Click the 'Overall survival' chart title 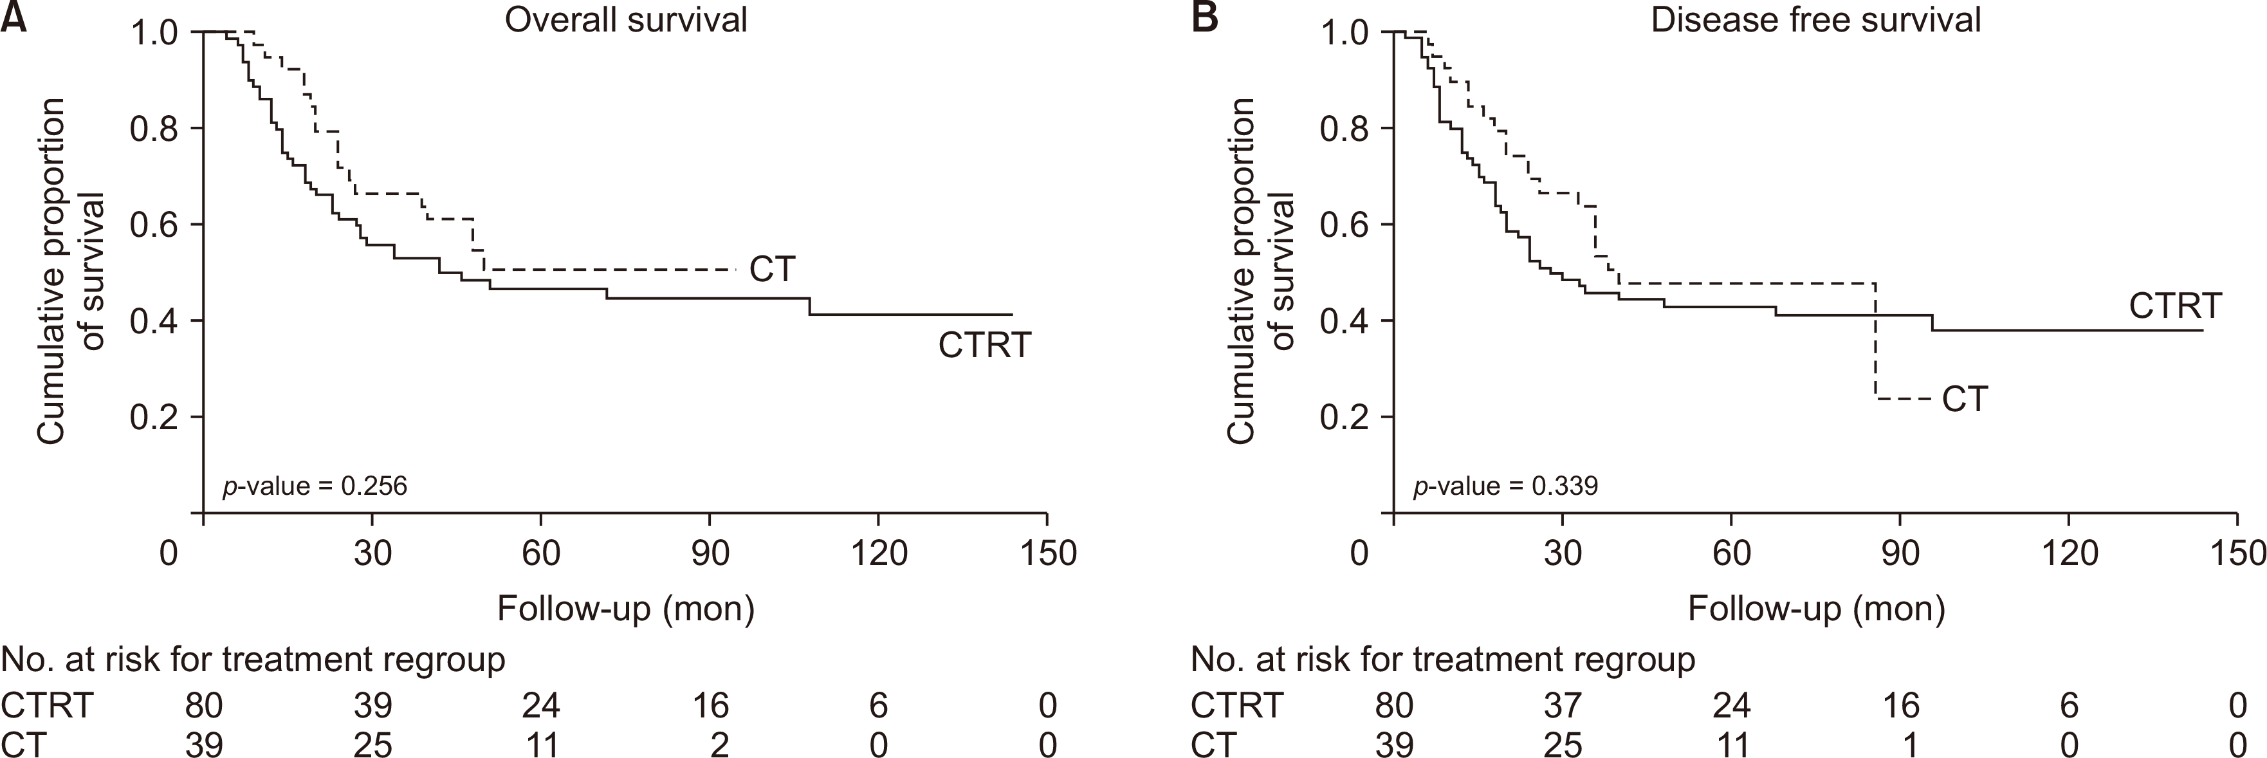[626, 19]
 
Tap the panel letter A [12, 17]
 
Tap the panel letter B [1204, 17]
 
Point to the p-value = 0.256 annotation [314, 485]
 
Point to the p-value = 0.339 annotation [1505, 485]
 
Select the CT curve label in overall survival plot [772, 270]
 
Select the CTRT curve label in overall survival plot [984, 345]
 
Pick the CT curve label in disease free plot [1964, 400]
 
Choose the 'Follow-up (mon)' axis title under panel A [626, 608]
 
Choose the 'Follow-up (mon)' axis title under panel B [1817, 608]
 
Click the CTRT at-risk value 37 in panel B [1562, 705]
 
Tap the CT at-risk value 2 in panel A [719, 744]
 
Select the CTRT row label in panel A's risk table [47, 705]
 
